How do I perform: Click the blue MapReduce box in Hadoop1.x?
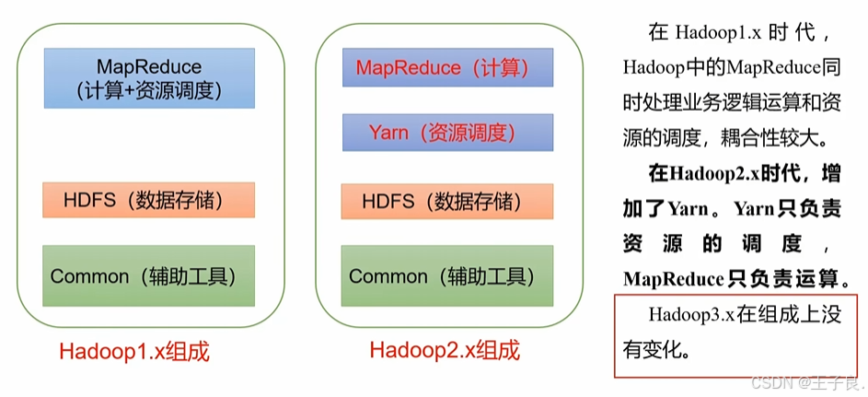149,78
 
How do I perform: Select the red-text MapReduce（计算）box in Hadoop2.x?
448,67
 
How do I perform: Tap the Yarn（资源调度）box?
448,133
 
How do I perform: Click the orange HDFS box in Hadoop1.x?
149,200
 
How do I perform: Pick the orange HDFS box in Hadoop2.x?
447,202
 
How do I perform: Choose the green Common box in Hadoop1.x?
149,275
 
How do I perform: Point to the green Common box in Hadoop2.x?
447,275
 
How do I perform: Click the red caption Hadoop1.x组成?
135,352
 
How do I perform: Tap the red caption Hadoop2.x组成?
446,350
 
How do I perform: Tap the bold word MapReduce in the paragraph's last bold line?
674,279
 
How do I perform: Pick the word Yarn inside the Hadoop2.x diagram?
389,133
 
